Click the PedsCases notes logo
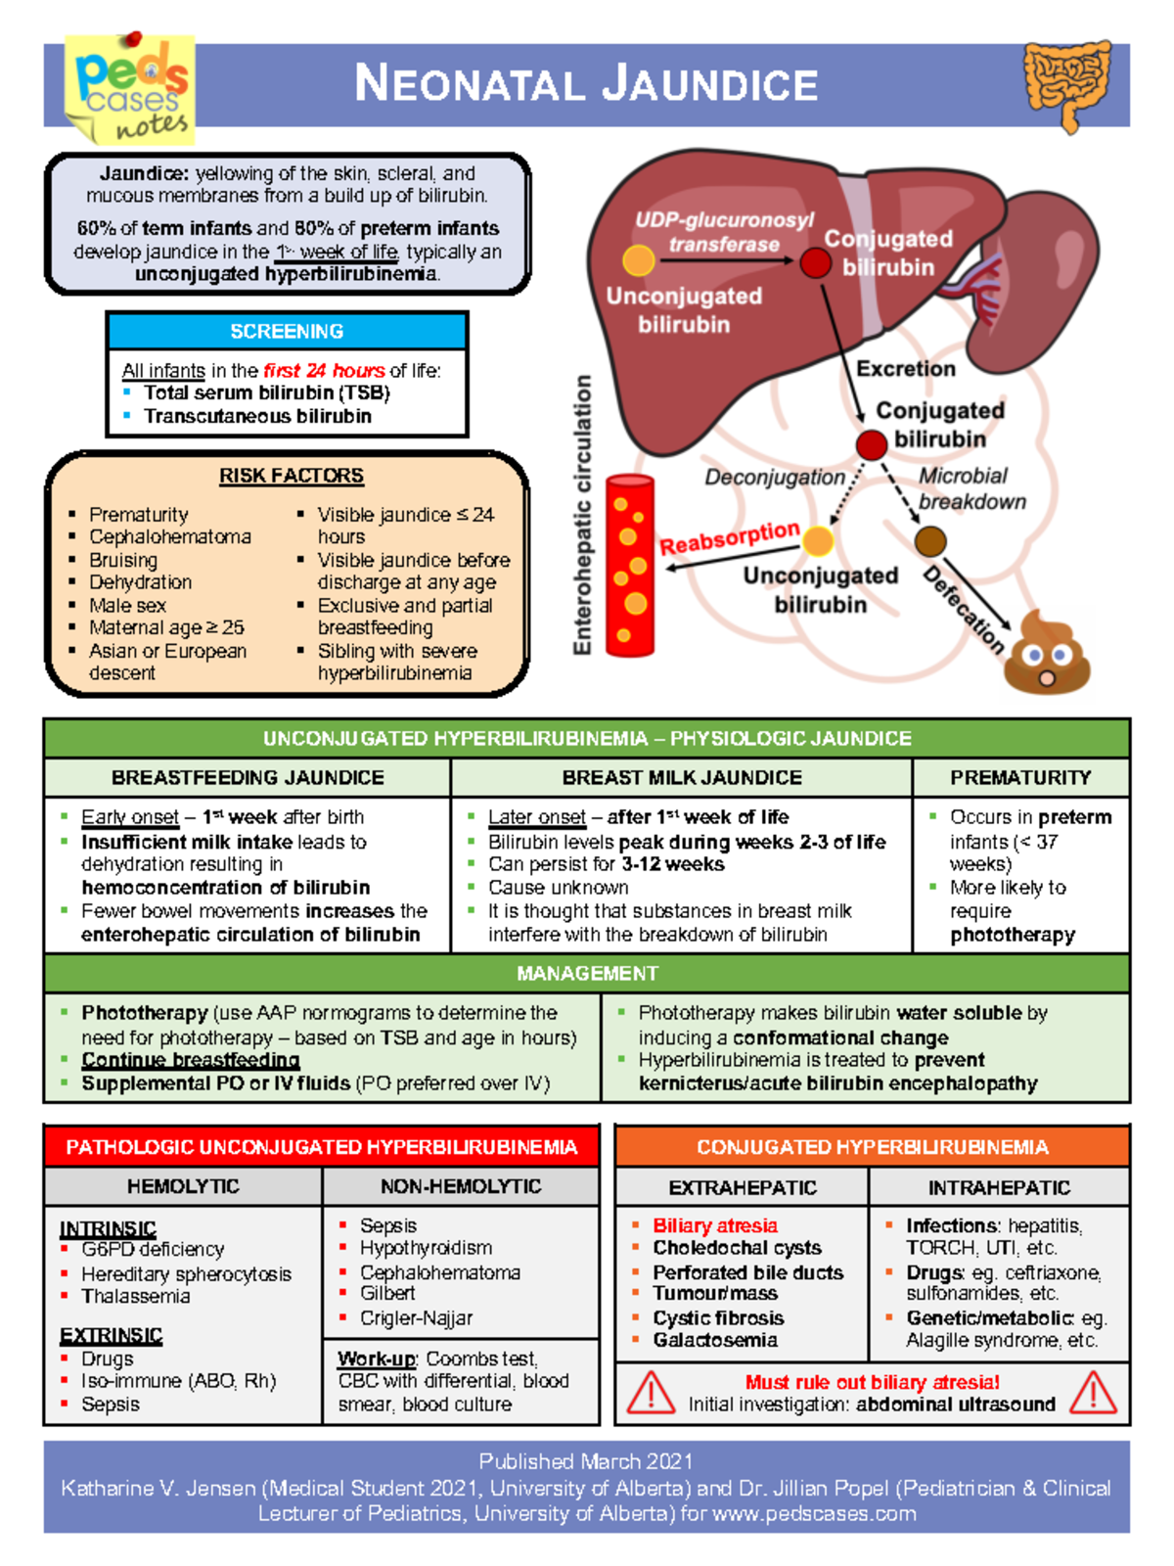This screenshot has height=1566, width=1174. [x=130, y=89]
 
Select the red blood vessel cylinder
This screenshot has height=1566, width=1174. [x=630, y=565]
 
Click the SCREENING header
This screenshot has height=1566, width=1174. [x=287, y=332]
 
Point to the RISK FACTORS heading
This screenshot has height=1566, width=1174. [x=291, y=476]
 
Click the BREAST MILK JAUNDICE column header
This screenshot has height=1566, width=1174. [x=681, y=777]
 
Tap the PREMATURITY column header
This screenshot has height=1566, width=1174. [x=1020, y=777]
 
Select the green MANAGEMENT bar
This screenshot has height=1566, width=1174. [x=587, y=973]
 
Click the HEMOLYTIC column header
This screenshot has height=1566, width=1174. [x=183, y=1186]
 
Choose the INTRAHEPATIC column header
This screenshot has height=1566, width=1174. [x=999, y=1187]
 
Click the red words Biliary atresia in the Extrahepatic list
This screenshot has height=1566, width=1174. [x=715, y=1225]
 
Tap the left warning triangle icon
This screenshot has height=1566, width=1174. [x=651, y=1392]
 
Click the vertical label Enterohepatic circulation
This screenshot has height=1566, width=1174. [x=583, y=514]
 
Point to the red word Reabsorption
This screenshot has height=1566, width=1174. [x=729, y=537]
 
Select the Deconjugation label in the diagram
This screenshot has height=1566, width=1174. [x=775, y=477]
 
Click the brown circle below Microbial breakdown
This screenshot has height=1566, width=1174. [x=930, y=540]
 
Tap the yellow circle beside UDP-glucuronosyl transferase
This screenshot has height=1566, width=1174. [x=639, y=260]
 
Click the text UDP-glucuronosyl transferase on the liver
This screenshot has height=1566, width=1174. [x=724, y=232]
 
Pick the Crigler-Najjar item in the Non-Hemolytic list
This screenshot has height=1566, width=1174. [x=416, y=1318]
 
